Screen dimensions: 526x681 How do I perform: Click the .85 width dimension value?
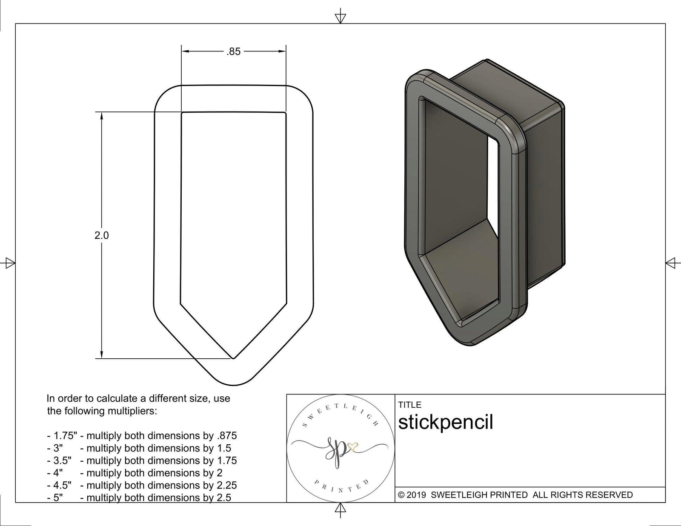233,52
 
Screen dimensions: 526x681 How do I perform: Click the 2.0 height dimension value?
101,235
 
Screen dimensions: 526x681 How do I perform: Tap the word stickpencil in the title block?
445,423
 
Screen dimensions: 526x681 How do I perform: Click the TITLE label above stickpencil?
409,405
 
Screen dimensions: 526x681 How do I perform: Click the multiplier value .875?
226,436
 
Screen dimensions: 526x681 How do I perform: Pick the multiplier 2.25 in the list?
226,485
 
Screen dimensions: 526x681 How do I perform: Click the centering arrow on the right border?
671,263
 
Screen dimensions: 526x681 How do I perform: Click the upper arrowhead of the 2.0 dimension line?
102,116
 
